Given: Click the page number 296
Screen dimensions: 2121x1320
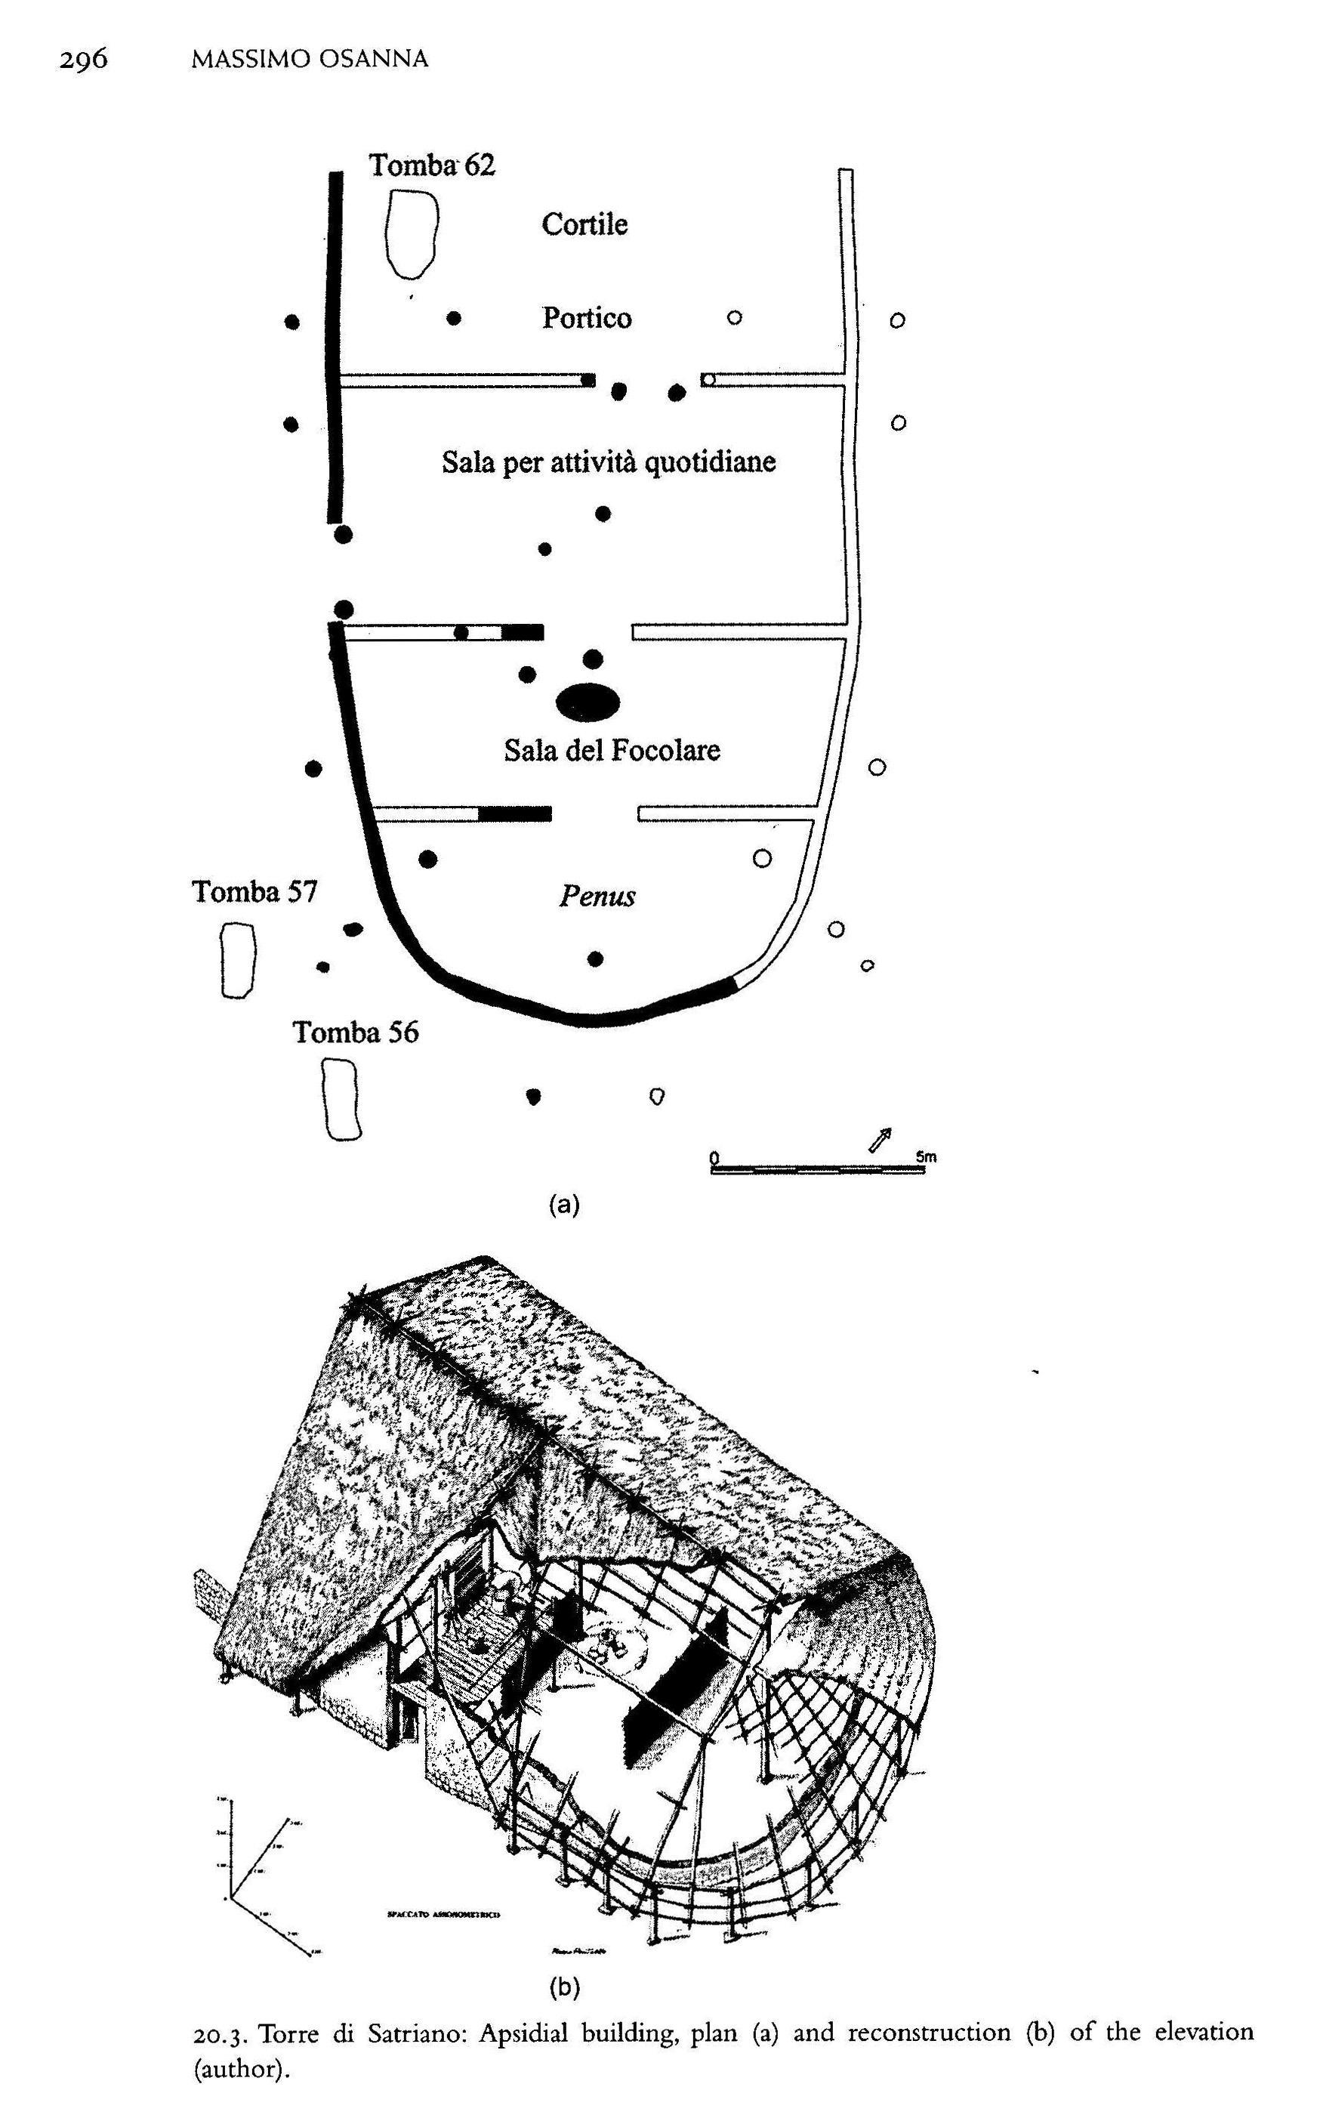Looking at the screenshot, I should pyautogui.click(x=84, y=60).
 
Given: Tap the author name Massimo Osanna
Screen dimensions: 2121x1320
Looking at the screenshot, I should pyautogui.click(x=310, y=60).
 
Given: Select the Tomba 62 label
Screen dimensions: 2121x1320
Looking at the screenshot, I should pyautogui.click(x=431, y=165).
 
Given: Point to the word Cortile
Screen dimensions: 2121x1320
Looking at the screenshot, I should pyautogui.click(x=584, y=224).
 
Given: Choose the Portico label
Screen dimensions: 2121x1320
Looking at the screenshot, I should pyautogui.click(x=586, y=318).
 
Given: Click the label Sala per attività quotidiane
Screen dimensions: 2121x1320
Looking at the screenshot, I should pyautogui.click(x=608, y=461).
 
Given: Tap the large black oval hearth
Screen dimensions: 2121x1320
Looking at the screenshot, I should pyautogui.click(x=588, y=702).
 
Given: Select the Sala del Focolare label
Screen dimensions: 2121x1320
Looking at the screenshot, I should pyautogui.click(x=611, y=750).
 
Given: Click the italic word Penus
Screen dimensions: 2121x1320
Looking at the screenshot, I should pyautogui.click(x=597, y=895).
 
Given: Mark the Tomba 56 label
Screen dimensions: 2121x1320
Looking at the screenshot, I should pyautogui.click(x=356, y=1032).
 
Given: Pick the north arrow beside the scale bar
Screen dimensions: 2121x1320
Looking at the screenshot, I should pyautogui.click(x=880, y=1140).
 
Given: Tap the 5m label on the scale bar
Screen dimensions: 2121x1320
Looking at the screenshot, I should pyautogui.click(x=927, y=1157).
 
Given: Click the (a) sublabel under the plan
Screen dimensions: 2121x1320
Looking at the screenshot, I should pyautogui.click(x=564, y=1205).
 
